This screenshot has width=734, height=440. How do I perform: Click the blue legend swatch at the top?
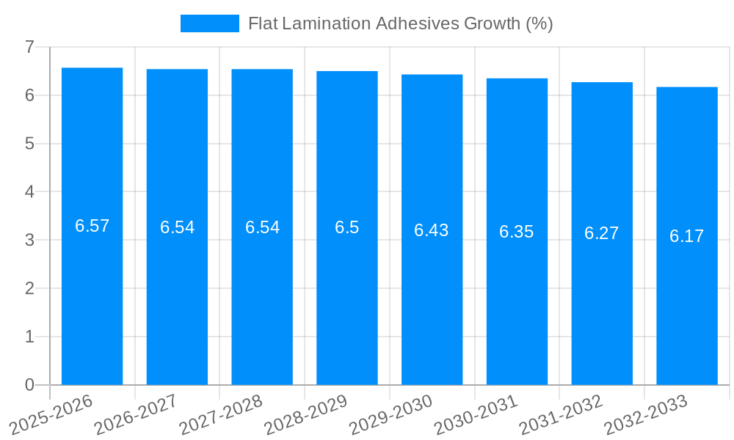[x=209, y=23]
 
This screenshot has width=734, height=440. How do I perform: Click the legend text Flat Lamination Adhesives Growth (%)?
[x=400, y=23]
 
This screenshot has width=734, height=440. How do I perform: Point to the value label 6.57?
[x=92, y=226]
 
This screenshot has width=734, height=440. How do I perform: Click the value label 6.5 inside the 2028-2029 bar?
[x=346, y=227]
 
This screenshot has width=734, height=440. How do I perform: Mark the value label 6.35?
[x=516, y=232]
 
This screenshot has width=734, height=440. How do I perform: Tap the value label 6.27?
[x=601, y=233]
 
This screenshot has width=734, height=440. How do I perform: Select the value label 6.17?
[x=686, y=236]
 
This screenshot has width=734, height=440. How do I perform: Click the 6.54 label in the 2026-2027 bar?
[x=177, y=227]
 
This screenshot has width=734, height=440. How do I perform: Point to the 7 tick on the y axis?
[x=30, y=47]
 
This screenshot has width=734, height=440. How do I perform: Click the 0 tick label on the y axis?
[x=30, y=385]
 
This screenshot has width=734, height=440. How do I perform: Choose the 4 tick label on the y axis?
[x=30, y=192]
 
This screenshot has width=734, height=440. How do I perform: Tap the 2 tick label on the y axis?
[x=30, y=288]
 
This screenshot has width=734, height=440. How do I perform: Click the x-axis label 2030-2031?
[x=476, y=415]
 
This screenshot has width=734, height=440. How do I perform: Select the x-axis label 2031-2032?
[x=562, y=415]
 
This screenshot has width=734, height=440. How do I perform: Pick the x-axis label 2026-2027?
[x=137, y=415]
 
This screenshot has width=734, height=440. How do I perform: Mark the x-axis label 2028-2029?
[x=306, y=415]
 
